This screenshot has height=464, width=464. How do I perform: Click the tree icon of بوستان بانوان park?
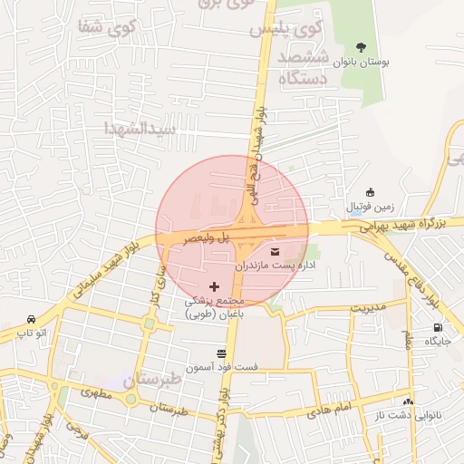[x=361, y=47]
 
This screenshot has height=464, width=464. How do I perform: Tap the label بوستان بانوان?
[x=361, y=63]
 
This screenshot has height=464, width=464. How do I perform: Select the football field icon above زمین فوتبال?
[x=369, y=191]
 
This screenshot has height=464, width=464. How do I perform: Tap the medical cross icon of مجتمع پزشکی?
[x=214, y=286]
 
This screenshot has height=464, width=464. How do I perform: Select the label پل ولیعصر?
[x=200, y=237]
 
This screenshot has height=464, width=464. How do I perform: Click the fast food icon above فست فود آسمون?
[x=222, y=353]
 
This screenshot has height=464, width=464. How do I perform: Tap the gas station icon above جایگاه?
[x=439, y=328]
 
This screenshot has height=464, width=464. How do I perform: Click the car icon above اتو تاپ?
[x=32, y=319]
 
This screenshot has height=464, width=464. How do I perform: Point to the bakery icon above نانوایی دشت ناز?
[x=408, y=401]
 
